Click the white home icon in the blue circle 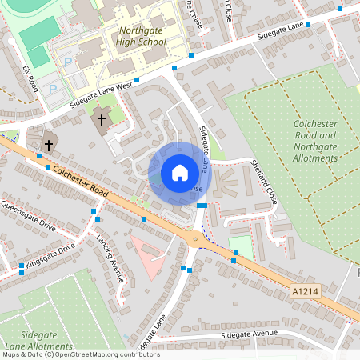pyautogui.click(x=180, y=171)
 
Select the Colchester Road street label pyautogui.click(x=77, y=182)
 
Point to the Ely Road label pyautogui.click(x=30, y=78)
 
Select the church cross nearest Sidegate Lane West pyautogui.click(x=101, y=121)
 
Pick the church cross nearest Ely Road pyautogui.click(x=50, y=145)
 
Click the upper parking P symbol pyautogui.click(x=68, y=61)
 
